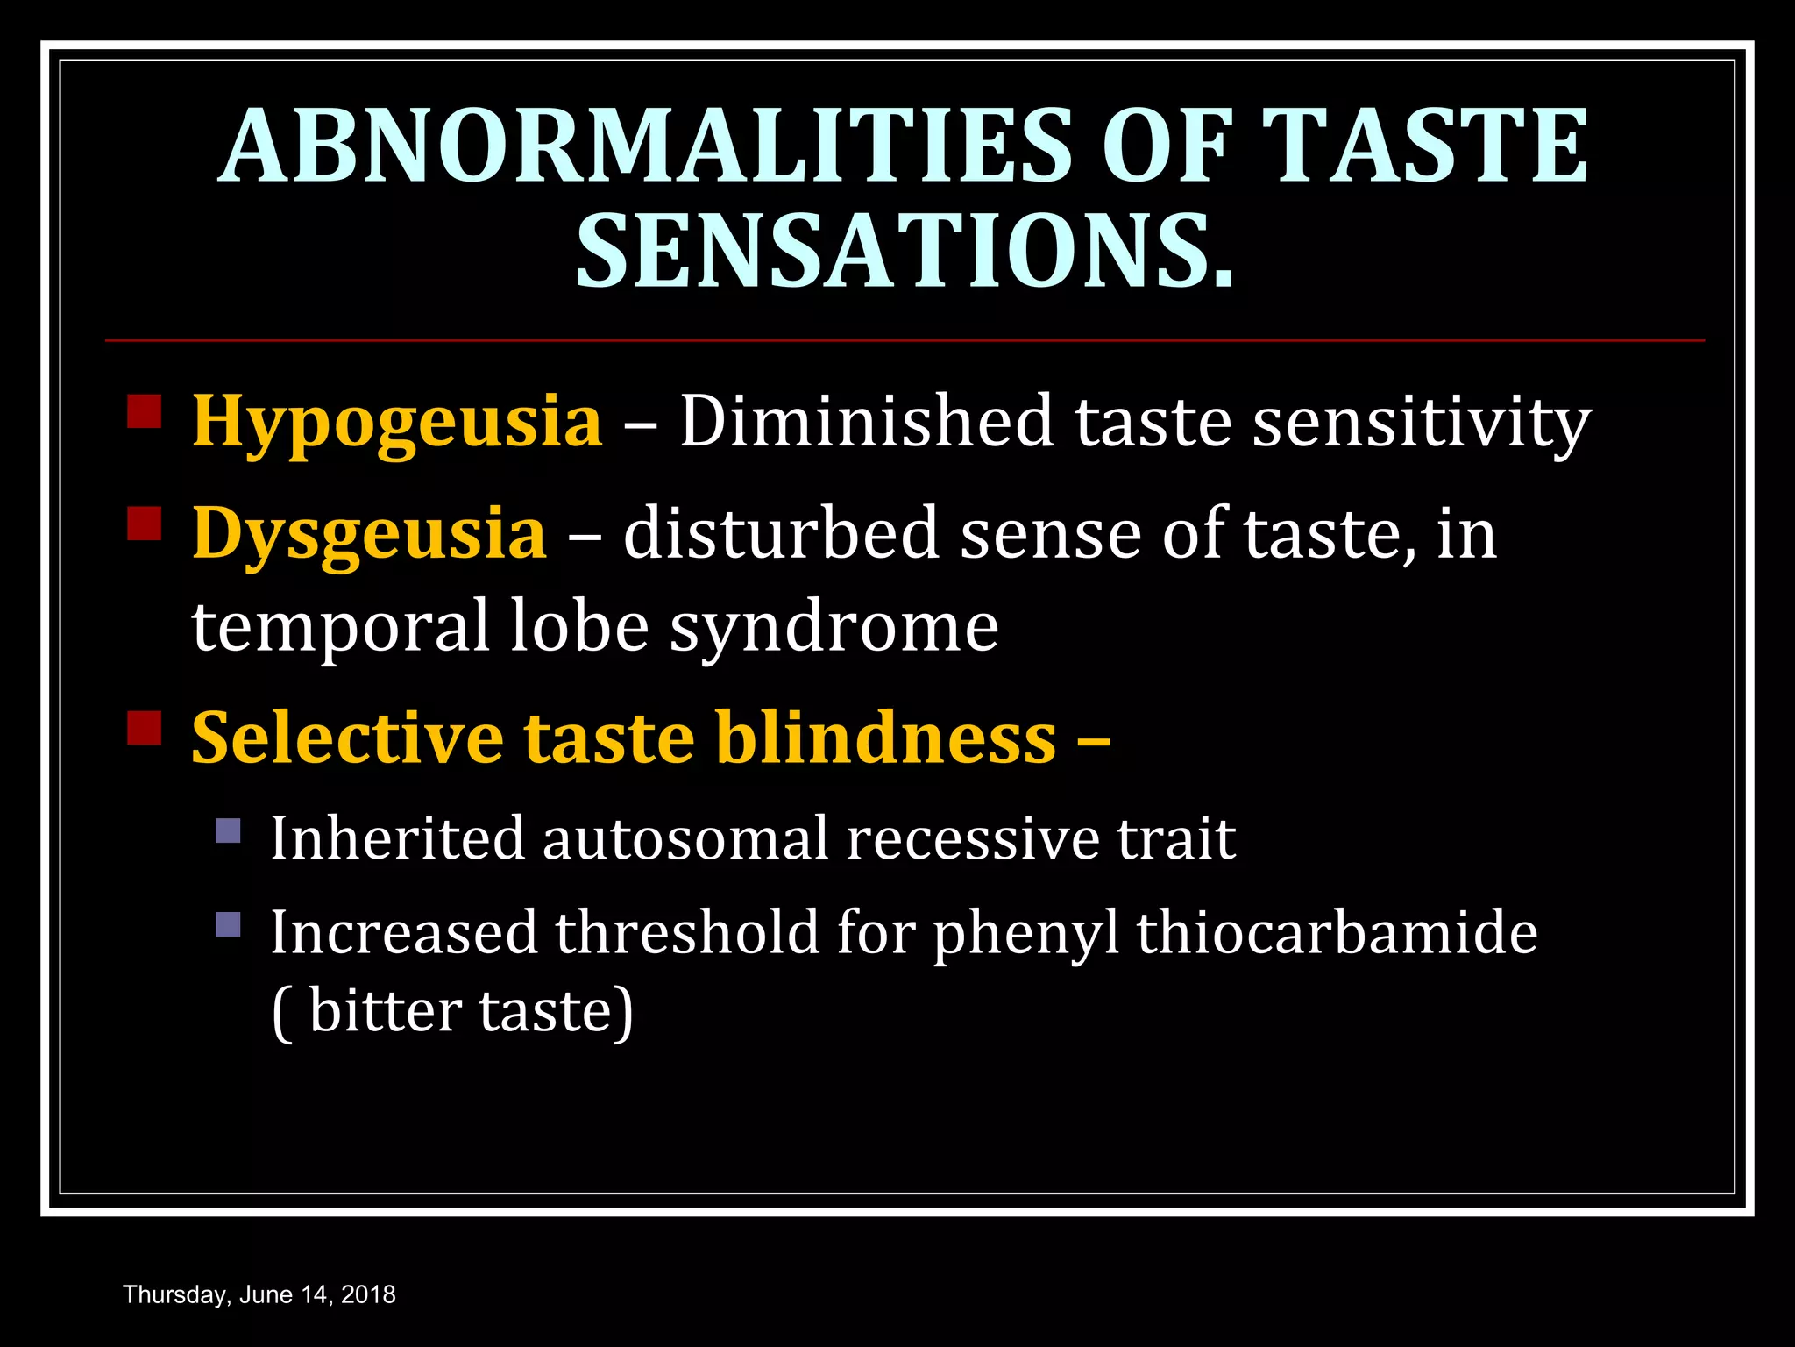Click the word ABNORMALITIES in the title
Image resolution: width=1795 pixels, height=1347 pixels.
click(x=644, y=146)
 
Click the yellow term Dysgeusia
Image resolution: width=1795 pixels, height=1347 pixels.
click(x=369, y=534)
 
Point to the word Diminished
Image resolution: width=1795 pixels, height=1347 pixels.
click(x=866, y=422)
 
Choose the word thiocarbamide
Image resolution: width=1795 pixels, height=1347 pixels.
click(x=1337, y=932)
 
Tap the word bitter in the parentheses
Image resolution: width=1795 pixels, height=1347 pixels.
click(x=385, y=1011)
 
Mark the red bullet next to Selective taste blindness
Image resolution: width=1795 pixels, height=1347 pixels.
click(x=145, y=727)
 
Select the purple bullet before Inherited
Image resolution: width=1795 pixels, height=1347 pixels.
click(x=228, y=830)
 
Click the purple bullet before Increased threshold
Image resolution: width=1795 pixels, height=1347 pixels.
click(x=228, y=924)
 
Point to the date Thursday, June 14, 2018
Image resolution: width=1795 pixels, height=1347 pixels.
click(x=259, y=1294)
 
